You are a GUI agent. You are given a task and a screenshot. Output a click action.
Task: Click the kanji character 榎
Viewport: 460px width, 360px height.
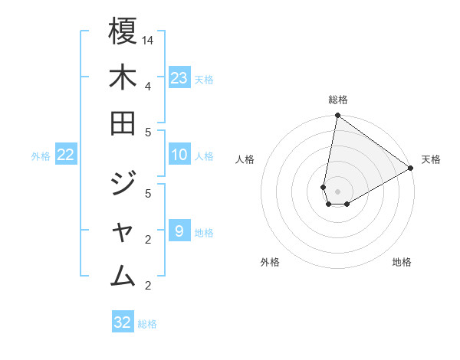123,32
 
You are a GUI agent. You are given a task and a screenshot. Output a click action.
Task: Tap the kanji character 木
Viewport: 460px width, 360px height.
123,77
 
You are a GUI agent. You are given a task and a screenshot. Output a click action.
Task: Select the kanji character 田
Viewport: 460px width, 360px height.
123,123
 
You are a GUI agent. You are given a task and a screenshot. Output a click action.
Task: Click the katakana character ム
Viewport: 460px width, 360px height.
123,274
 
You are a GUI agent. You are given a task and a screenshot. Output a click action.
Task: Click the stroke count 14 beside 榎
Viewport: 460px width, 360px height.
149,39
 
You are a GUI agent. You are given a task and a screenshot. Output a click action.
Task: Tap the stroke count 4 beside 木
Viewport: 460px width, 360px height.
147,85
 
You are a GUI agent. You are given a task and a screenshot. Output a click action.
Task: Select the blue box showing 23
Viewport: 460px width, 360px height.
179,77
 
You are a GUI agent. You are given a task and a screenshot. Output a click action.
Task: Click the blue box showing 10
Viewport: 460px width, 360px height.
179,155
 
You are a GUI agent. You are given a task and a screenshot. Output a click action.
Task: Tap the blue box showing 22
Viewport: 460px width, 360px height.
66,155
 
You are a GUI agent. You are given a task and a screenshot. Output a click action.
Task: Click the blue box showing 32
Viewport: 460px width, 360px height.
123,322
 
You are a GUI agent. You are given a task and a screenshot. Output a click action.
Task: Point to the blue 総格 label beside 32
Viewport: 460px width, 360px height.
147,324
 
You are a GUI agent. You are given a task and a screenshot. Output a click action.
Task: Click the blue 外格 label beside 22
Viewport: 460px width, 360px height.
41,156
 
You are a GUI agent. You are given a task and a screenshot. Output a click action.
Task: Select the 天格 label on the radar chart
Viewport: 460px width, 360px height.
431,159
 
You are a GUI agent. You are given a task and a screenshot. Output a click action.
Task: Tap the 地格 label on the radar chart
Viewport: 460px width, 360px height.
402,262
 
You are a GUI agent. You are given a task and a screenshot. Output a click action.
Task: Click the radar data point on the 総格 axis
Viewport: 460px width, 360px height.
337,116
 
